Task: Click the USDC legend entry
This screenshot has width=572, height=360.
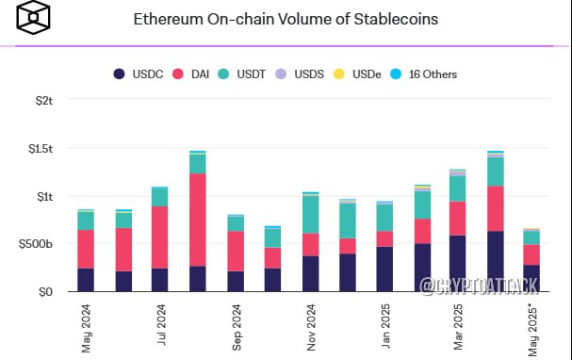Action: tap(139, 74)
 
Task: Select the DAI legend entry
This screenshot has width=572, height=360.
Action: tap(190, 74)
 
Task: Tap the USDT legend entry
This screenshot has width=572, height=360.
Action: tap(242, 74)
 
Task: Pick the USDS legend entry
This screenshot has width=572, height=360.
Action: tap(300, 74)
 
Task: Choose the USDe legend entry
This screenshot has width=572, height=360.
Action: tap(357, 74)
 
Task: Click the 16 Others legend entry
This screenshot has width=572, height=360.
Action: tap(423, 74)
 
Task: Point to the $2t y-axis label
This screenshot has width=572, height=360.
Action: tap(44, 100)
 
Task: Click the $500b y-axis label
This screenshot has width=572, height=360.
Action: tap(36, 244)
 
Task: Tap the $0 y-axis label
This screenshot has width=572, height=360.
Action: tap(45, 292)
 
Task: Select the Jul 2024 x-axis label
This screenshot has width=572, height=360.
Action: tap(161, 324)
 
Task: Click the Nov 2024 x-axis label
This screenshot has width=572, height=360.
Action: tap(311, 327)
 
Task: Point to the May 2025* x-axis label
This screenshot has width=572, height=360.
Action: tap(533, 331)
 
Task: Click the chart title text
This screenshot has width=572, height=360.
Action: tap(286, 19)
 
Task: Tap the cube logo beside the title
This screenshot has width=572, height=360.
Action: tap(33, 17)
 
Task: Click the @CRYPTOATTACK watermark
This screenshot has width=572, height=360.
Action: tap(479, 286)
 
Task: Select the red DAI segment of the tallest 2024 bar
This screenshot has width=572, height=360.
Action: tap(198, 220)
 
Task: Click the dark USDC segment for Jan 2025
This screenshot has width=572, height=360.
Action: tap(384, 270)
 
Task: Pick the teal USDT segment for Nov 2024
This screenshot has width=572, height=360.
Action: tap(311, 215)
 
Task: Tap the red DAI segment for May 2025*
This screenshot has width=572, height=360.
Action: tap(531, 255)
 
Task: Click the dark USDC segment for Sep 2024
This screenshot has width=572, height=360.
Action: tap(236, 281)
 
